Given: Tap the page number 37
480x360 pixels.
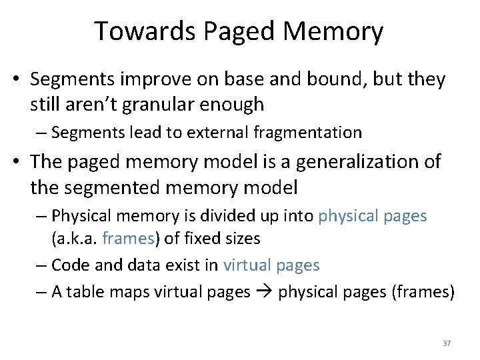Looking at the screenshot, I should [447, 343].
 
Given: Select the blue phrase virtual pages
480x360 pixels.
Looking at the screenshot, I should [271, 265].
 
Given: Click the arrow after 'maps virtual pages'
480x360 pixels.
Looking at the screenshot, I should [264, 292].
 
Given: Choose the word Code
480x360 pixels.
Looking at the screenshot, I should [69, 265].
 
